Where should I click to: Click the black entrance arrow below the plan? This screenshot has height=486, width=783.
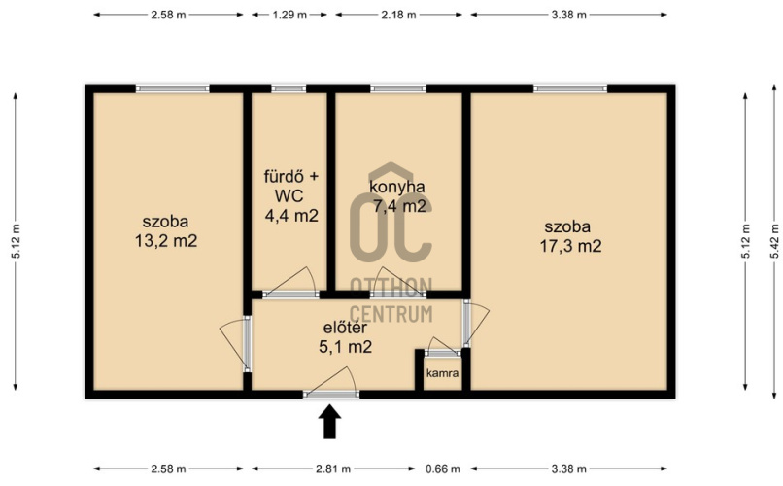[329, 422]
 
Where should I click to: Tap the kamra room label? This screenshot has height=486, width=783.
[442, 373]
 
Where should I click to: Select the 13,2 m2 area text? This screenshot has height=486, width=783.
[166, 241]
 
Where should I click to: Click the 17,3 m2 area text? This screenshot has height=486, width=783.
[570, 246]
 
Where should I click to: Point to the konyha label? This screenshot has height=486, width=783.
[397, 187]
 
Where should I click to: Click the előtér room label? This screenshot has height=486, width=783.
[346, 328]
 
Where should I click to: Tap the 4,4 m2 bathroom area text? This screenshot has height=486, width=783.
[291, 216]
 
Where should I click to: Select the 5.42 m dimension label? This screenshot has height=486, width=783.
[774, 241]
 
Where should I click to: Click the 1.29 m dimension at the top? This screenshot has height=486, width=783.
[289, 15]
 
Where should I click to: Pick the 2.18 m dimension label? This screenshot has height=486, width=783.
[398, 15]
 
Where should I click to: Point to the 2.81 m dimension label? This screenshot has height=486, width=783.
[333, 469]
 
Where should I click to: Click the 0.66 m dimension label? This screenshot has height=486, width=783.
[442, 469]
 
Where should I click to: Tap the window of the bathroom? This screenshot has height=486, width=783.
[289, 88]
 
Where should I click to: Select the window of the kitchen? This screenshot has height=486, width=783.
[398, 88]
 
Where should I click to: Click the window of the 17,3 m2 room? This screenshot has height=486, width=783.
[570, 88]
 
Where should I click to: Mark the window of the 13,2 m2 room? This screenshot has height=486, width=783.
[173, 88]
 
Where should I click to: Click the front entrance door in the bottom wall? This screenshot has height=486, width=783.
[331, 394]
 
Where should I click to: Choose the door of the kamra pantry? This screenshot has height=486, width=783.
[443, 353]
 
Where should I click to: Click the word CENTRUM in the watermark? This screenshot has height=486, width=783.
[391, 314]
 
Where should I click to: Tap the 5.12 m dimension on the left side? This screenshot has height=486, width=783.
[16, 241]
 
